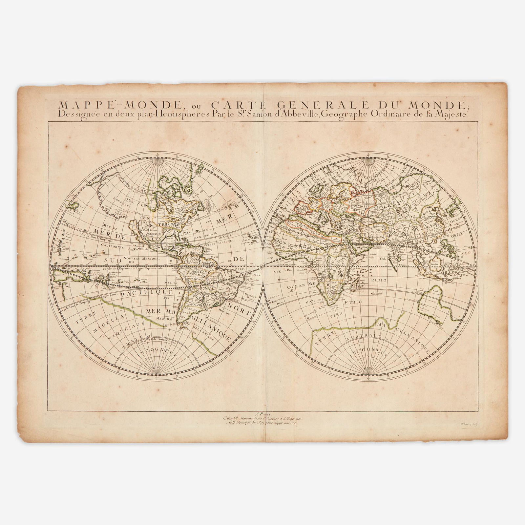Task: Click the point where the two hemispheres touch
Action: pyautogui.click(x=262, y=266)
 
